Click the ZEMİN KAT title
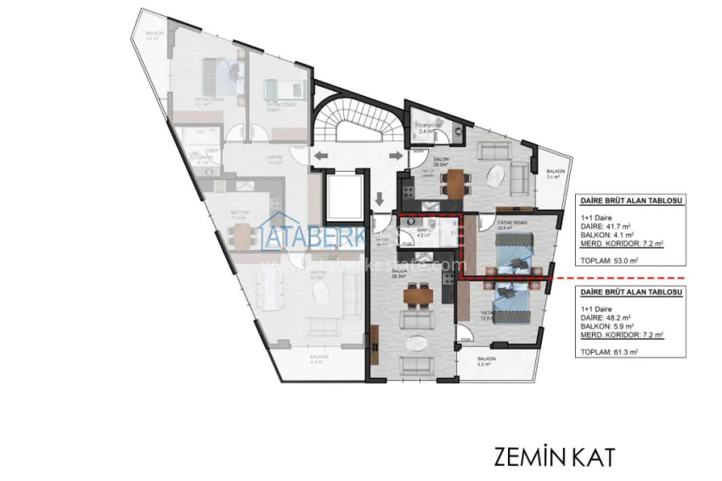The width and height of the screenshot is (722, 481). point(552,456)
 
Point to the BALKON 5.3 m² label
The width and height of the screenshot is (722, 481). point(486,361)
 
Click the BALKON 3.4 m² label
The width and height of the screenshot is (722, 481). point(552,174)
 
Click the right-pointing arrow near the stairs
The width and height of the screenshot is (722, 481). point(394,156)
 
